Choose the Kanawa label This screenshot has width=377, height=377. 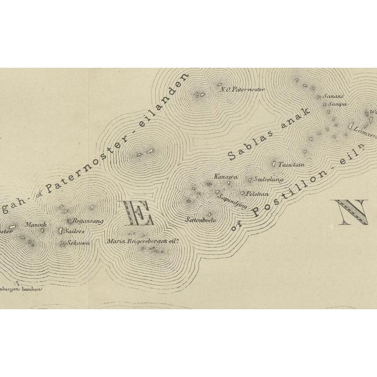(x=225, y=176)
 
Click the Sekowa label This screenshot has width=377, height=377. (x=78, y=242)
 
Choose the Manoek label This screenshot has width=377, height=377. (x=35, y=224)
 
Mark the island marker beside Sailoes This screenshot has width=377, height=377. (x=62, y=231)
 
